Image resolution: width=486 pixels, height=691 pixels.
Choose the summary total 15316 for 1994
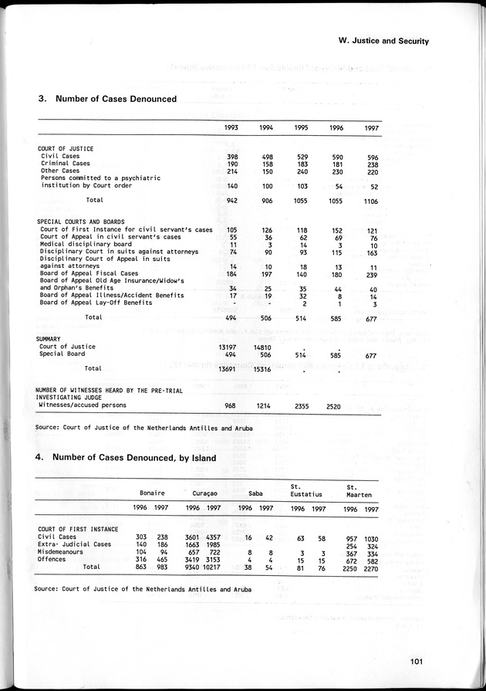tap(263, 369)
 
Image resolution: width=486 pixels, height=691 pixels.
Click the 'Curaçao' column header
tap(204, 492)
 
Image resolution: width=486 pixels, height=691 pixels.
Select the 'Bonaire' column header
tap(152, 492)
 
